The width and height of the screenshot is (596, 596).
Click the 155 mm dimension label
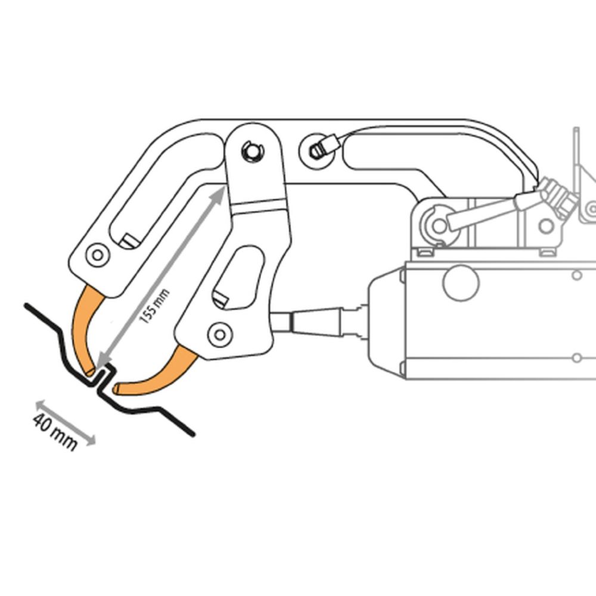tap(154, 306)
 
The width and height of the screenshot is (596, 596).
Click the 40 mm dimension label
tap(55, 432)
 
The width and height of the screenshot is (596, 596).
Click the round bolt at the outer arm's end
tap(98, 254)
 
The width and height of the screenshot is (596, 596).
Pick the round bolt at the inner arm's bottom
tap(220, 335)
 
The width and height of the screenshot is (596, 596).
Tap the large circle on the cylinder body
tap(461, 283)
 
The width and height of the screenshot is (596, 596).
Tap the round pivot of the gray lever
tap(440, 226)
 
